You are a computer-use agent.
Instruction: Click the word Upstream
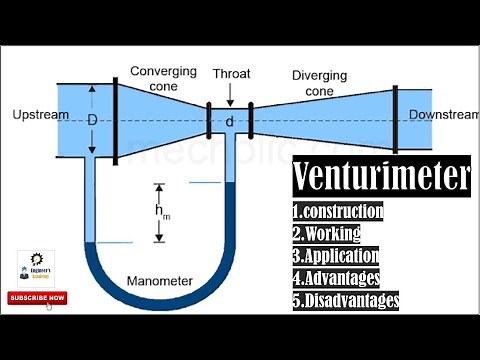[41, 115]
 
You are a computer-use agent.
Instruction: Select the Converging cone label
[165, 78]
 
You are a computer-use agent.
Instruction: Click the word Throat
[231, 73]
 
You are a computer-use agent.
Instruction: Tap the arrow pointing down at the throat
[230, 93]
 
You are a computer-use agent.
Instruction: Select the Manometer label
[160, 280]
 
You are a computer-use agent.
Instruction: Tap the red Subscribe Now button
[37, 297]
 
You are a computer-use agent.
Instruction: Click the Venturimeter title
[381, 178]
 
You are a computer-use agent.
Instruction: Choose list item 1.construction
[338, 211]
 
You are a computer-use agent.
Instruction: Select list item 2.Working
[326, 233]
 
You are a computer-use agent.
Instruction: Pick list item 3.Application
[338, 255]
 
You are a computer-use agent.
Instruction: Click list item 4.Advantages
[338, 277]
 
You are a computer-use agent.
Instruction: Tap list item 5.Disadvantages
[346, 299]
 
